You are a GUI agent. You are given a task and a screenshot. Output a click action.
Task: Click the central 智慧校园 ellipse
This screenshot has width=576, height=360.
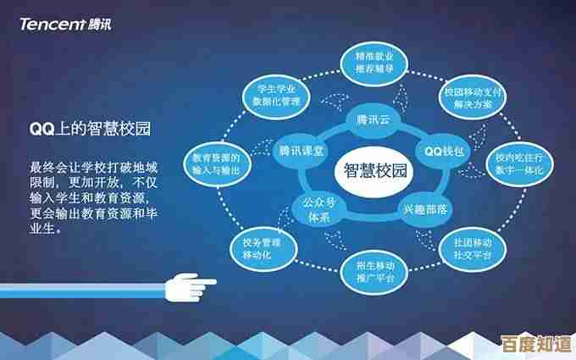[x=375, y=170]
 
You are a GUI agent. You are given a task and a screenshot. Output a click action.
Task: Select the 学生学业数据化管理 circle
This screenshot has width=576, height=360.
[x=273, y=94]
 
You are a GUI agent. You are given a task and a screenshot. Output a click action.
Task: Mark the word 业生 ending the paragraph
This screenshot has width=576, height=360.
[x=42, y=228]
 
